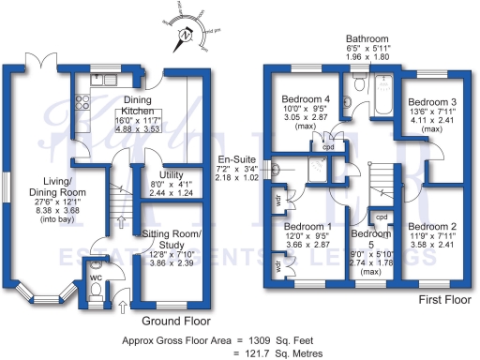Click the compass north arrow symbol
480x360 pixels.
[x=187, y=35]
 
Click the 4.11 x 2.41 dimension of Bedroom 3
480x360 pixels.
[x=433, y=121]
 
